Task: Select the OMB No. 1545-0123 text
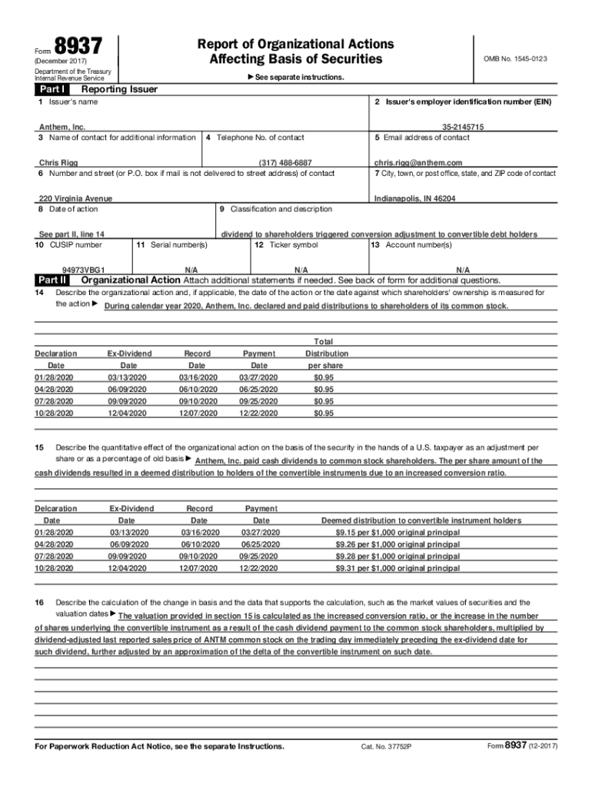point(514,58)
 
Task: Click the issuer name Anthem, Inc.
point(62,127)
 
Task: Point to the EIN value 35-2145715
point(463,127)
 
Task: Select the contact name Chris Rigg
point(58,163)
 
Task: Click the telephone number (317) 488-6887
point(285,163)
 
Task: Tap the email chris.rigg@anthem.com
point(418,163)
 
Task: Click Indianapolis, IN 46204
point(414,198)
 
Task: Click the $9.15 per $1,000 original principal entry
point(397,533)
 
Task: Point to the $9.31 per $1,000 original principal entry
point(397,568)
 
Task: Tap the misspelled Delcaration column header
point(56,509)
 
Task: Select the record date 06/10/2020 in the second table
point(200,544)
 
